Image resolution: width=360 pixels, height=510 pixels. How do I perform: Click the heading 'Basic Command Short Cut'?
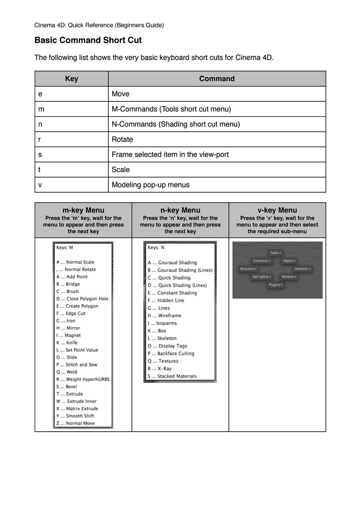coord(88,40)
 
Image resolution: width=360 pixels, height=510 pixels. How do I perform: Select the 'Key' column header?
coord(72,79)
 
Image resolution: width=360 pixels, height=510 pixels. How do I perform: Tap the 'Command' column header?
coord(217,79)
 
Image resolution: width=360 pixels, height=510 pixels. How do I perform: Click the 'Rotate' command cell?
coord(122,139)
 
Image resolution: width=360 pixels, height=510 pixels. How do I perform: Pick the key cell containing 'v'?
coord(40,185)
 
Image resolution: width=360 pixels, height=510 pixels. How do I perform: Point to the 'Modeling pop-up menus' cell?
coord(150,185)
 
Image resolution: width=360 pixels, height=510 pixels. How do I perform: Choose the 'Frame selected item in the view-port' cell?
coord(170,155)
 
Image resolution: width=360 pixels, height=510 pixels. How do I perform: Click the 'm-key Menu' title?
coord(83,210)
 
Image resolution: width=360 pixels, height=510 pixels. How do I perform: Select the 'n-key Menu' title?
coord(180,210)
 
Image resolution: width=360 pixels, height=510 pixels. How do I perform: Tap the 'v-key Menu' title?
coord(277,210)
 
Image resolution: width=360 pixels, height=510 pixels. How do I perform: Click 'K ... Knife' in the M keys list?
coord(67,343)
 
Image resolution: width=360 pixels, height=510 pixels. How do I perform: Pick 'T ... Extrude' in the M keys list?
coord(70,394)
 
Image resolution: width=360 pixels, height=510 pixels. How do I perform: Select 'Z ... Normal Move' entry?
coord(76,423)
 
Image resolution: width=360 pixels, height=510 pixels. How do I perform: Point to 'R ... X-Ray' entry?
coord(160,368)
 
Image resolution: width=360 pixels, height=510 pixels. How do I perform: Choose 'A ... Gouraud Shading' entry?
coord(172,263)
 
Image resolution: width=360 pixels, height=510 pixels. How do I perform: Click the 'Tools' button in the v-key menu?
coord(274,253)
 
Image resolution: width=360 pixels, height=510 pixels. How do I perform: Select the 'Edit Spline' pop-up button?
coord(262,277)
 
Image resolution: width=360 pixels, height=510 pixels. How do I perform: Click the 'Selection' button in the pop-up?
coord(302,269)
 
